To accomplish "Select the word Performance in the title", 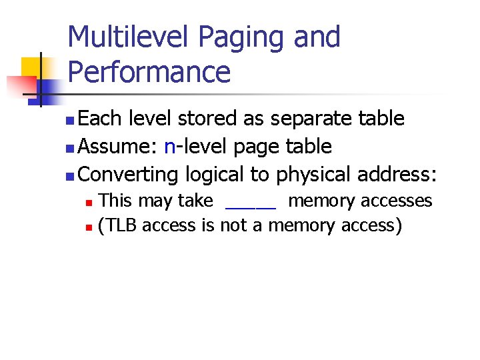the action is tap(149, 71).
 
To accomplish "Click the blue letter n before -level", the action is tap(169, 147).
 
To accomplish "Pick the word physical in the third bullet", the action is tap(313, 175).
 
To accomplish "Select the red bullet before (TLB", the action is tap(91, 227).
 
